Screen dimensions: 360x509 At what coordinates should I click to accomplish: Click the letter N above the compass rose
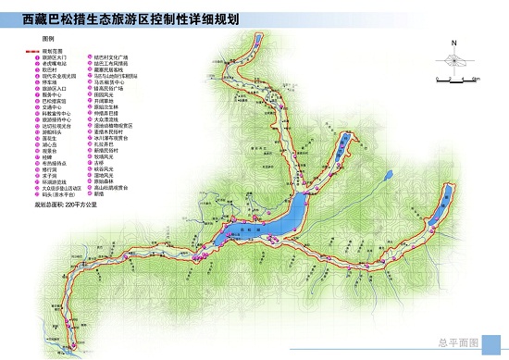pyautogui.click(x=453, y=43)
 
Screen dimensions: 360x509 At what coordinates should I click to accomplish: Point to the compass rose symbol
pyautogui.click(x=453, y=60)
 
